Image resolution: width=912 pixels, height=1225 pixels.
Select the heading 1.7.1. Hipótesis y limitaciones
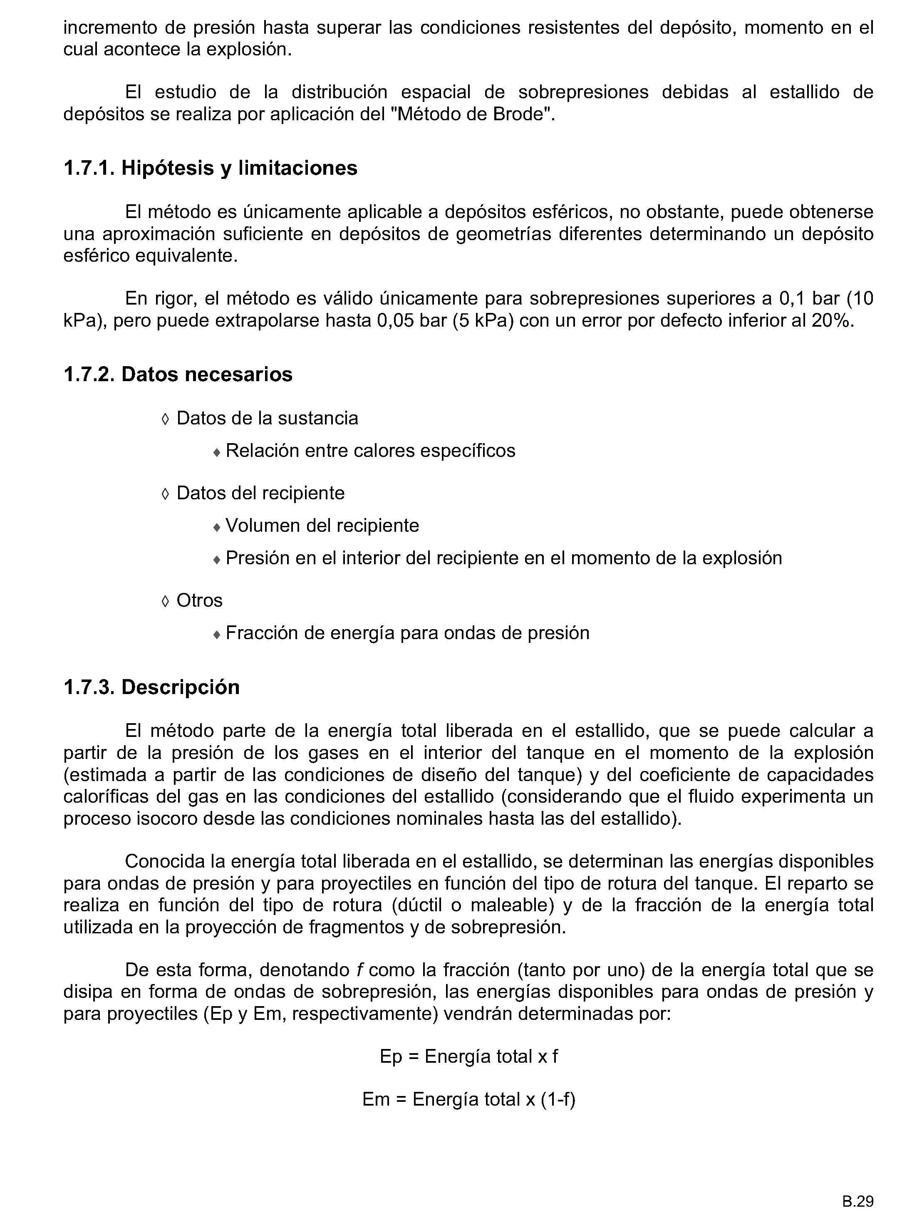211,168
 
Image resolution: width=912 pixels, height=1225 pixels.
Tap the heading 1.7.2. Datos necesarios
178,374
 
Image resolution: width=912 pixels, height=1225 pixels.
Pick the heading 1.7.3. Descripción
151,687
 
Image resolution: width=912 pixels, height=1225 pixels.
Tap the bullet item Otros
199,600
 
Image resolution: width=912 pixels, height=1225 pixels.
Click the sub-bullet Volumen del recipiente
322,526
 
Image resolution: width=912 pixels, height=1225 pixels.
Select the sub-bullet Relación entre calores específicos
370,451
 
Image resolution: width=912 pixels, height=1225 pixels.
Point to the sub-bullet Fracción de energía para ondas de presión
407,632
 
